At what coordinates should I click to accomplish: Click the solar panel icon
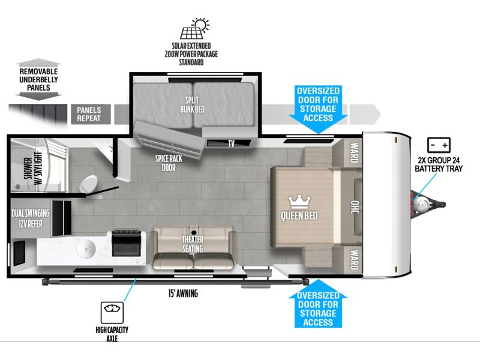point(194,29)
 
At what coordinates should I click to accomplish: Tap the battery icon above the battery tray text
point(439,145)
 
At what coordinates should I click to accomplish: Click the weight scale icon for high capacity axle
point(112,312)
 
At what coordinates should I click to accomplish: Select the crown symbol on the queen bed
point(299,203)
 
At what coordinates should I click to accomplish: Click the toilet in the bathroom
point(89,184)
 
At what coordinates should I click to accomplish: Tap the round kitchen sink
point(86,249)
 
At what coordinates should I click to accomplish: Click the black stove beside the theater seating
point(127,243)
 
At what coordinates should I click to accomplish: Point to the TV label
point(232,143)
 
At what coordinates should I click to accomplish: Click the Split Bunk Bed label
point(192,104)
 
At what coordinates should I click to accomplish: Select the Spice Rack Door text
point(169,163)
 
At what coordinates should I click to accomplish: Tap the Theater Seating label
point(193,244)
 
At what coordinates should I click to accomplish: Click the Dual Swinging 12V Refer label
point(31,218)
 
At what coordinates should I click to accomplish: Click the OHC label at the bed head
point(355,207)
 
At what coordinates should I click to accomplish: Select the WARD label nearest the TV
point(354,152)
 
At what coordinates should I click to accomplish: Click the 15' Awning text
point(183,293)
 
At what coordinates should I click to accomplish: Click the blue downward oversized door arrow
point(318,109)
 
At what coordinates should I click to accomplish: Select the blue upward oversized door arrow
point(318,304)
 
